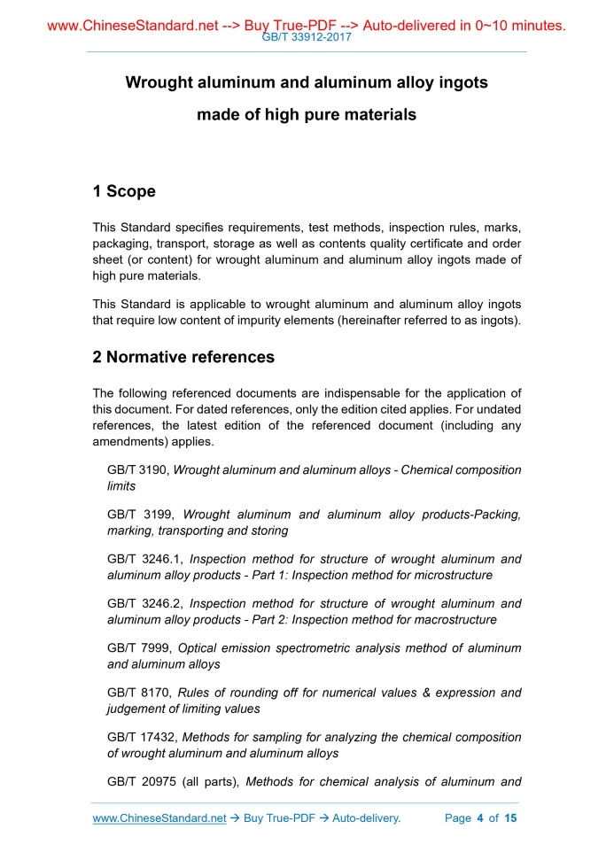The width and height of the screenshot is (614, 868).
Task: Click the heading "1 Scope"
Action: click(124, 191)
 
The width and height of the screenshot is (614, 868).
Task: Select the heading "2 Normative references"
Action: click(183, 357)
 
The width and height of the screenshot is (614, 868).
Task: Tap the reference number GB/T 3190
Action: click(137, 470)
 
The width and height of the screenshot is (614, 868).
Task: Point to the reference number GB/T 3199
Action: click(137, 515)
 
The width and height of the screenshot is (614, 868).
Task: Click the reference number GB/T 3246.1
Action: click(144, 559)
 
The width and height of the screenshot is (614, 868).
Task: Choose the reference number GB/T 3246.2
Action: click(144, 603)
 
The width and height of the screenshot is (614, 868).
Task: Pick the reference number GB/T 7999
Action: click(137, 647)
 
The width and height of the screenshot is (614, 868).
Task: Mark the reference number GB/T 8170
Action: click(137, 692)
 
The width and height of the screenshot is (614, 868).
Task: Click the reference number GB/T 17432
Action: click(141, 737)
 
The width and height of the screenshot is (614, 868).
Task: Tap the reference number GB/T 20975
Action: click(141, 781)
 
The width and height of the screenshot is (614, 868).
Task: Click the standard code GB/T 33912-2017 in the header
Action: click(307, 38)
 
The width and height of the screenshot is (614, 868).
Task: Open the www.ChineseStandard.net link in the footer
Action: click(159, 818)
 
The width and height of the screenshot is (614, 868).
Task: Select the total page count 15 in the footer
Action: click(510, 818)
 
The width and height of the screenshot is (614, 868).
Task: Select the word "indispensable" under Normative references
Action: click(347, 393)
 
